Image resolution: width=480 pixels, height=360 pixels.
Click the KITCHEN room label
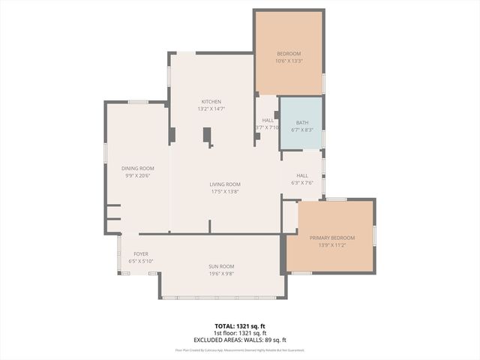(x=211, y=101)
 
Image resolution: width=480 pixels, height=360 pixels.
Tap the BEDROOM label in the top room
(x=289, y=53)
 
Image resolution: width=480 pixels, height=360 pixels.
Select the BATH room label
(x=302, y=122)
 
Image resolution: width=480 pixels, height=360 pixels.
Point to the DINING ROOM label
(x=138, y=168)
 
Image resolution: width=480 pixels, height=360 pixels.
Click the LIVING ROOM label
(x=224, y=184)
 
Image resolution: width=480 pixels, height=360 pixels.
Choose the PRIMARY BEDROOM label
(x=332, y=238)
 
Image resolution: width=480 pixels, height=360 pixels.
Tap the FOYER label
(x=140, y=254)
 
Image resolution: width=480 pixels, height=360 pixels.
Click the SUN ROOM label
(x=221, y=266)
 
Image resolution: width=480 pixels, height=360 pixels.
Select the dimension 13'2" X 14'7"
(x=211, y=109)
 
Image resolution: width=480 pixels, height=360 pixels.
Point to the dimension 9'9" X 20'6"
(x=138, y=175)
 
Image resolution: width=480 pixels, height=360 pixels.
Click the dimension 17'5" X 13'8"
(x=224, y=191)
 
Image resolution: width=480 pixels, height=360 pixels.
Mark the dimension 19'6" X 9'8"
(x=221, y=274)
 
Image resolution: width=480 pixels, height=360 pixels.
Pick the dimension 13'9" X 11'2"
(x=332, y=245)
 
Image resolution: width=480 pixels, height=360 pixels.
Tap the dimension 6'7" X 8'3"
(x=302, y=130)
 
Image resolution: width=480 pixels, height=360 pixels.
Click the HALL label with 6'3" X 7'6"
(x=302, y=175)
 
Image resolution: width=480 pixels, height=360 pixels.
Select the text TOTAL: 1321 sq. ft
(x=240, y=326)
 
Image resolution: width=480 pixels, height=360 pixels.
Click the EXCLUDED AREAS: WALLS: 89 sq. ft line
(x=240, y=340)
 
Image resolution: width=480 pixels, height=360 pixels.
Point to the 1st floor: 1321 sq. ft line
(x=240, y=333)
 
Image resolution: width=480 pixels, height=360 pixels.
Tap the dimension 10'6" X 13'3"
(x=289, y=61)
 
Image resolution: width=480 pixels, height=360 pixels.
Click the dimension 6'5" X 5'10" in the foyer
(x=140, y=262)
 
